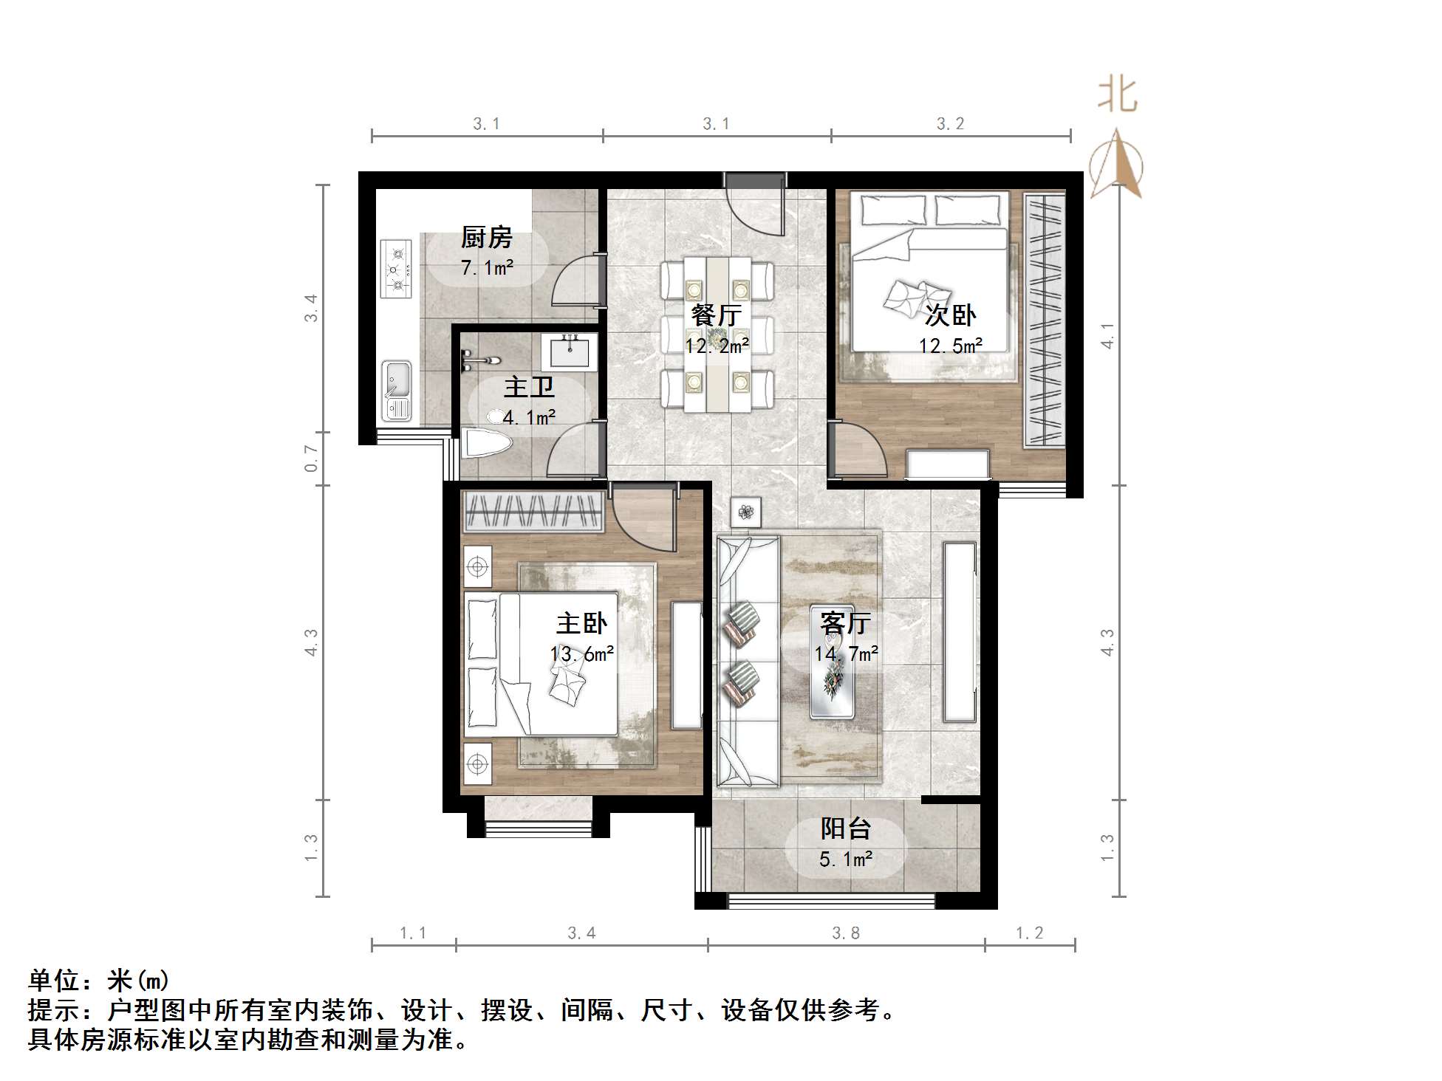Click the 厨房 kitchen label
coord(486,238)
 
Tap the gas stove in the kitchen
coord(397,269)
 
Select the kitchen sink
coord(397,390)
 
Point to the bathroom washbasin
coord(569,351)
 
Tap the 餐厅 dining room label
coord(716,315)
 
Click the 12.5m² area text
coord(950,346)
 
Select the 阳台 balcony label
coord(845,828)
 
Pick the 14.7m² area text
coord(846,653)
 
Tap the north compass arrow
coord(1117,164)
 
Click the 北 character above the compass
coord(1117,96)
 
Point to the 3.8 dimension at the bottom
coord(846,933)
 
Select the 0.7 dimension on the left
coord(311,459)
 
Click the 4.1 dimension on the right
coord(1107,336)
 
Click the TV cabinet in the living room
coord(960,632)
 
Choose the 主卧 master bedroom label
coord(581,623)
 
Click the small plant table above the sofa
coord(745,511)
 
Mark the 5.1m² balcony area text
coord(846,859)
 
